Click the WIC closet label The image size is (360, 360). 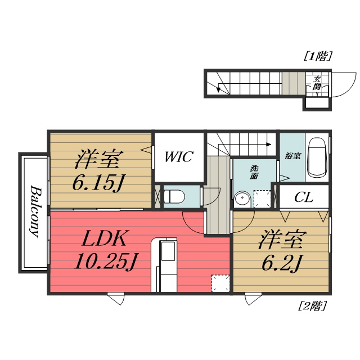(x=178, y=157)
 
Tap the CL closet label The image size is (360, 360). (x=304, y=197)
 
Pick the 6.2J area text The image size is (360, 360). (x=281, y=262)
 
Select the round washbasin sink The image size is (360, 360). (x=242, y=199)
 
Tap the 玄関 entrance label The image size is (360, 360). (x=317, y=83)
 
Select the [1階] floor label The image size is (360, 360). (x=318, y=56)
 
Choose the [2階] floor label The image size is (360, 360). (x=312, y=307)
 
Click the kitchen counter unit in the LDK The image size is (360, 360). (x=167, y=264)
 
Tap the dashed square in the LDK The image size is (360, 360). (x=220, y=283)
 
